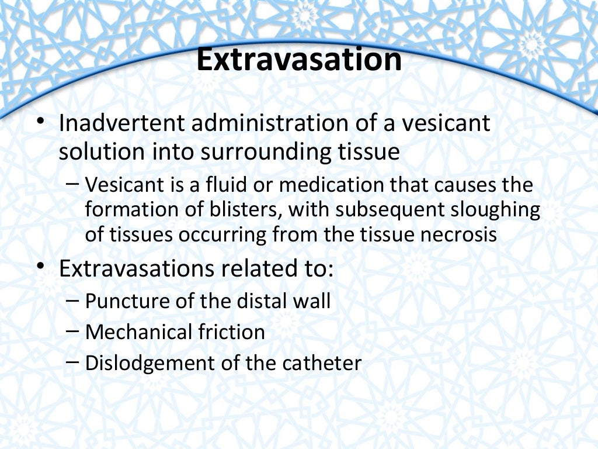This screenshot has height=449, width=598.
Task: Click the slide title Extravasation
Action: tap(299, 61)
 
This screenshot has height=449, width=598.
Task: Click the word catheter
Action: tap(322, 363)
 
